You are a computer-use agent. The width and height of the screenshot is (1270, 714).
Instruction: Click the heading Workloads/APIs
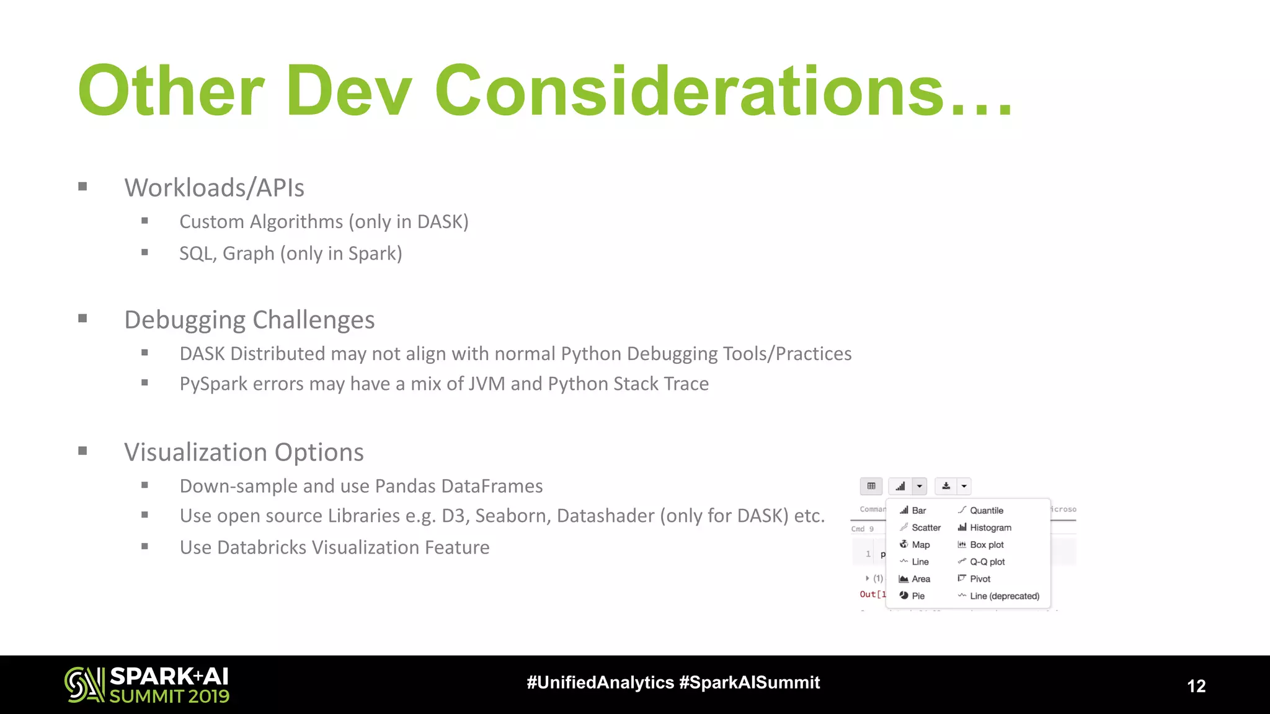(214, 188)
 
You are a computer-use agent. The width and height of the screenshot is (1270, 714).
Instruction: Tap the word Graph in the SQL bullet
(248, 253)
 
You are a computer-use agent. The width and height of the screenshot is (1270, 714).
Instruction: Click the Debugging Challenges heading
(249, 320)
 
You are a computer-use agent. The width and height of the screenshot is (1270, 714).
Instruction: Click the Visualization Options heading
(244, 452)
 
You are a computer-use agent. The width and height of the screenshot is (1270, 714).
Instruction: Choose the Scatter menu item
(925, 527)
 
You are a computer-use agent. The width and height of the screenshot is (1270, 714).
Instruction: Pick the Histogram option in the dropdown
(990, 527)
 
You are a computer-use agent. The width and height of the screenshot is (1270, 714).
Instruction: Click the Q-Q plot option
(987, 562)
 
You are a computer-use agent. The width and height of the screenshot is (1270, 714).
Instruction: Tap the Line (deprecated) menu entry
(1004, 596)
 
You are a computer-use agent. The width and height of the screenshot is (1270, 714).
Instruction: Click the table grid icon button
(871, 486)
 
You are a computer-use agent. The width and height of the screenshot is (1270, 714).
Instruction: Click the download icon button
(946, 486)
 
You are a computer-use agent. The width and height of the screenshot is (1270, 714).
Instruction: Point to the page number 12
(1196, 686)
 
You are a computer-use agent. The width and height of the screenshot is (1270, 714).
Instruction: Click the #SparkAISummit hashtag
(749, 682)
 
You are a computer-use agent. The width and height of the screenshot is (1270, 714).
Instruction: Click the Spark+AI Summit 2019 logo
(147, 685)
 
